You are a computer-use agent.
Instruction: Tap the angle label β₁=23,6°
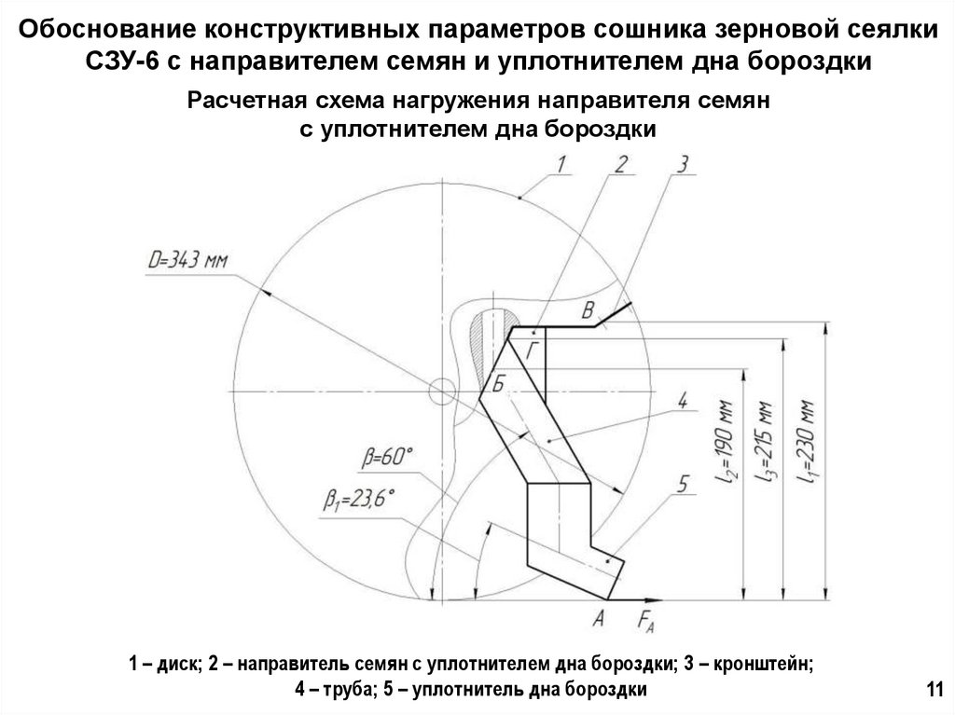(360, 501)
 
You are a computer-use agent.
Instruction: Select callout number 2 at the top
(621, 165)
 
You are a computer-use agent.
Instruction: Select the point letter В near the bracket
(588, 309)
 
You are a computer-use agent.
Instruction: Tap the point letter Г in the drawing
(532, 351)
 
